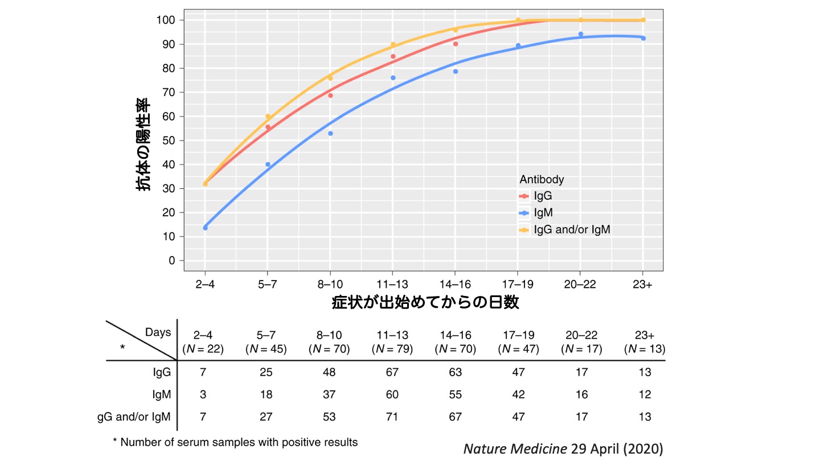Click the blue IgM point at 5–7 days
pyautogui.click(x=268, y=164)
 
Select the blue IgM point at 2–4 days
pyautogui.click(x=205, y=228)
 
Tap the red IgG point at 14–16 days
pyautogui.click(x=456, y=44)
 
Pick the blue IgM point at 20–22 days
pyautogui.click(x=581, y=34)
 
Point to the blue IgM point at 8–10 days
pyautogui.click(x=330, y=133)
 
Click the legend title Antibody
pyautogui.click(x=542, y=179)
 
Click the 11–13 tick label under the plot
pyautogui.click(x=392, y=285)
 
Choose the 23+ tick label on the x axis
pyautogui.click(x=643, y=285)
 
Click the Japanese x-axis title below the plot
pyautogui.click(x=425, y=302)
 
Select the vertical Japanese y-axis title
pyautogui.click(x=143, y=145)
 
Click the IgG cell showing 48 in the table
pyautogui.click(x=329, y=372)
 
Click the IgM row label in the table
pyautogui.click(x=159, y=394)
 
